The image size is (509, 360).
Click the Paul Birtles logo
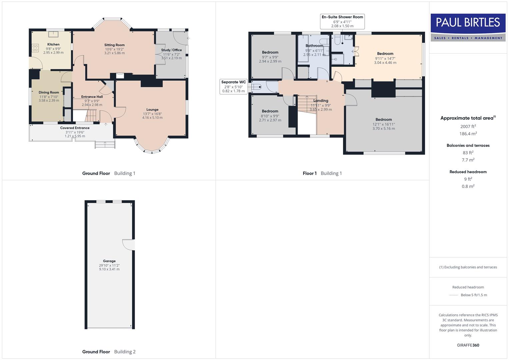pos(468,27)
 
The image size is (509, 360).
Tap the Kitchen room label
pos(53,44)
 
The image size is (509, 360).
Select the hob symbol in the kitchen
pos(35,48)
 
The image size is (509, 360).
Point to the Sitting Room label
pos(114,45)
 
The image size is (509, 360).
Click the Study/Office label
pos(171,50)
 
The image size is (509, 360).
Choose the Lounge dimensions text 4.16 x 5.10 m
pos(152,118)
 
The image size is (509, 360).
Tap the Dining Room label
pos(49,92)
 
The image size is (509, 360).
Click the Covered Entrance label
pos(75,128)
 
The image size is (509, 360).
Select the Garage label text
pos(109,261)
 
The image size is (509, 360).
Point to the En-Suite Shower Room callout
pos(342,21)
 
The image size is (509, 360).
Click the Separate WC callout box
pos(233,86)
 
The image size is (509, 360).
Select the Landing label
pos(321,101)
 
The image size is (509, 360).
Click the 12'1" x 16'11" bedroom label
pos(384,120)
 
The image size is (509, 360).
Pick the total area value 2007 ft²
pos(468,126)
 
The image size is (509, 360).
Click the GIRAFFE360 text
pos(468,345)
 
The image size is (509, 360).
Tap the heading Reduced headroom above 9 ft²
pos(468,172)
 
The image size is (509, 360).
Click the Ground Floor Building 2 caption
pos(109,352)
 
